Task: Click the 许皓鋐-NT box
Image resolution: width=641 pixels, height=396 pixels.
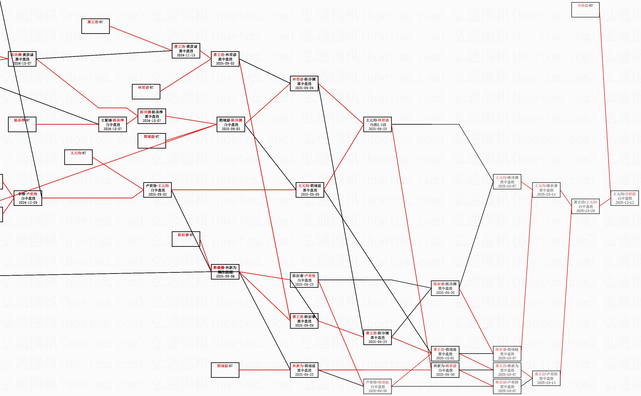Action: coord(585,10)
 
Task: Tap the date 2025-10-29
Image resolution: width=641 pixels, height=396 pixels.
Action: coord(585,211)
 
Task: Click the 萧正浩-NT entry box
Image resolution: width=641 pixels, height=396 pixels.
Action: coord(95,26)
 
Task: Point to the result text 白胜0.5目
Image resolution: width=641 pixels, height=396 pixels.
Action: coord(377,125)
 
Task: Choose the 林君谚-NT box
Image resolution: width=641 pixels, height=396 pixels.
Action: coord(146,92)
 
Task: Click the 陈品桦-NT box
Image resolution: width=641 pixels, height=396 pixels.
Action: coord(22,124)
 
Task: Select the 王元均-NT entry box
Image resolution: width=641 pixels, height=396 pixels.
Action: coord(78,157)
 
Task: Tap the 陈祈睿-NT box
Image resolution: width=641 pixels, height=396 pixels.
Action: coord(186,239)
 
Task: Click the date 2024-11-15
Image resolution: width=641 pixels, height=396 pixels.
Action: coord(186,55)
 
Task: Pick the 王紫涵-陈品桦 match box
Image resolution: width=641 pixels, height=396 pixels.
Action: coord(113,124)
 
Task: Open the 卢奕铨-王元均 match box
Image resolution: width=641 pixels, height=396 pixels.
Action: coord(157,190)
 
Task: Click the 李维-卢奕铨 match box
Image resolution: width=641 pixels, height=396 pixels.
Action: coord(28,198)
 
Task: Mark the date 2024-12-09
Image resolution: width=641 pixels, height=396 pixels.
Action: coord(28,202)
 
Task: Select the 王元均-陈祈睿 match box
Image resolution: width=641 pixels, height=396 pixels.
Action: coord(546,190)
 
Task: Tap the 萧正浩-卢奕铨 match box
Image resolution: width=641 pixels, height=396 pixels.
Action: coord(546,378)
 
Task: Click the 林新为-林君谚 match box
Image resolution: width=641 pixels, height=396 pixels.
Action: coord(445,370)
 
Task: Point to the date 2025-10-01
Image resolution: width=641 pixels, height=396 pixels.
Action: coord(445,358)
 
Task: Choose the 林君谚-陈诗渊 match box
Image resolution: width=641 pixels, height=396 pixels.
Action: coord(304,83)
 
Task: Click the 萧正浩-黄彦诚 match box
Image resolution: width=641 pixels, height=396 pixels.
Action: coord(186,51)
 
